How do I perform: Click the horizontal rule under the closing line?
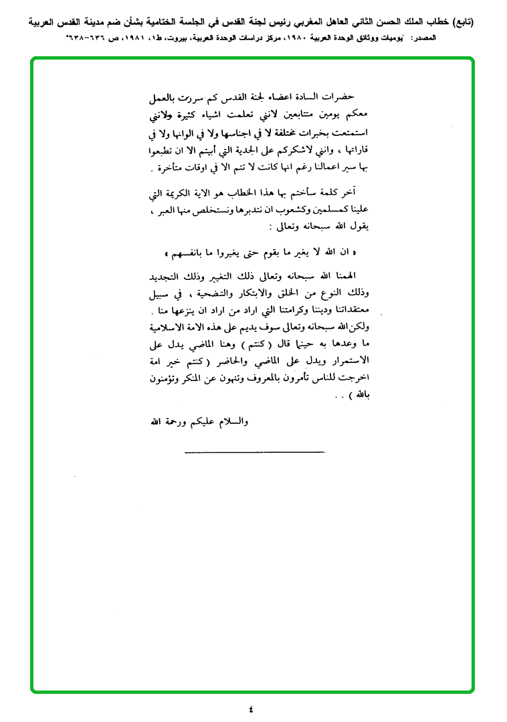tap(254, 452)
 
